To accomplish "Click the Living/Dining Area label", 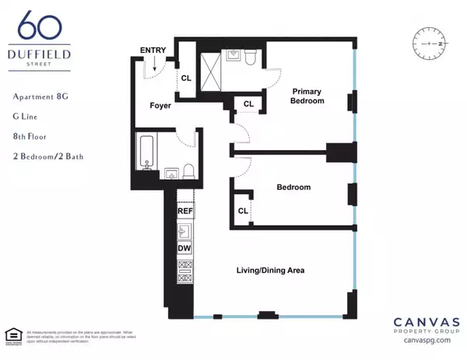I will pos(270,271).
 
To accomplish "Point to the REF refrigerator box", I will pos(185,211).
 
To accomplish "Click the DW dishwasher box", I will pos(185,249).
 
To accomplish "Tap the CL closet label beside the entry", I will pos(187,78).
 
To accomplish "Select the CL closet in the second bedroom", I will pos(243,211).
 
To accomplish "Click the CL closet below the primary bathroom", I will pos(248,104).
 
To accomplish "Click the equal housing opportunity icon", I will pos(14,335).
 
